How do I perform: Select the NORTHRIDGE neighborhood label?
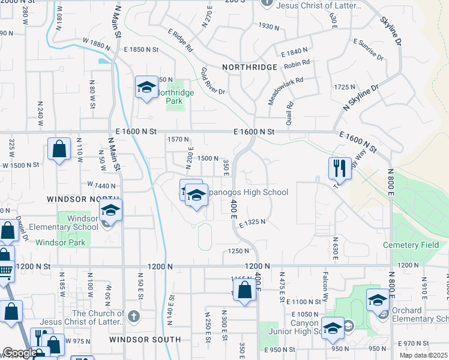pyautogui.click(x=249, y=67)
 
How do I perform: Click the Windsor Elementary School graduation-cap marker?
pyautogui.click(x=110, y=210)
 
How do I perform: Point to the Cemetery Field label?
pyautogui.click(x=412, y=245)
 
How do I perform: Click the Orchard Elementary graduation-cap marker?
pyautogui.click(x=378, y=300)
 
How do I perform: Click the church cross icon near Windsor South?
pyautogui.click(x=133, y=315)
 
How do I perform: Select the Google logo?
pyautogui.click(x=20, y=353)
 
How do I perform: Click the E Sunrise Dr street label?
pyautogui.click(x=369, y=49)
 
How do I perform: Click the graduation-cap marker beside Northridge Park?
pyautogui.click(x=146, y=88)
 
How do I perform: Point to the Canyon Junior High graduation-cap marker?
pyautogui.click(x=332, y=328)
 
